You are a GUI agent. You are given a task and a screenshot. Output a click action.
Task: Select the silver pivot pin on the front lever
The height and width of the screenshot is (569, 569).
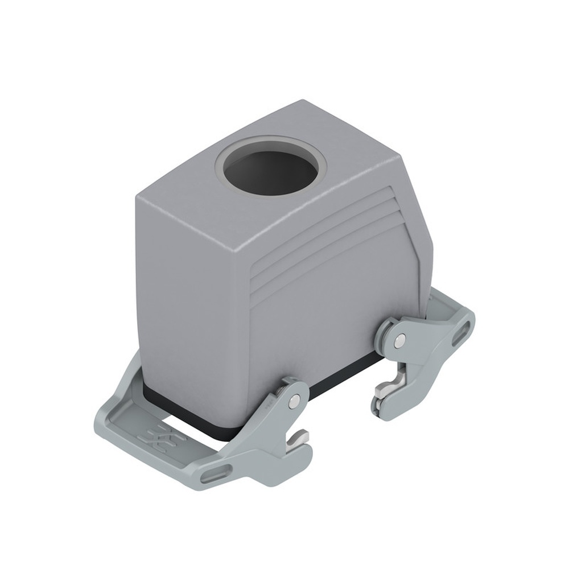(293, 402)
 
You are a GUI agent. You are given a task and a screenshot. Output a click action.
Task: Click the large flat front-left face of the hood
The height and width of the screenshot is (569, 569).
(193, 284)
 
